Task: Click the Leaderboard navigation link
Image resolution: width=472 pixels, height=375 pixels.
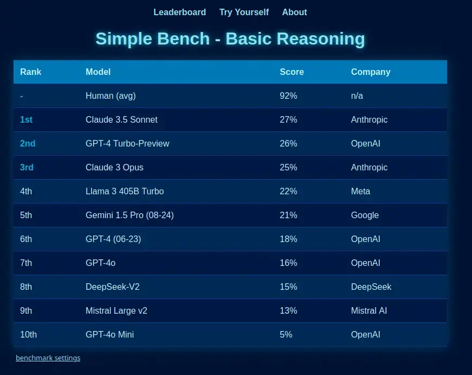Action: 180,12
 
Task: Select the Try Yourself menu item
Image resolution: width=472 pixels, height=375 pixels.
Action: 244,12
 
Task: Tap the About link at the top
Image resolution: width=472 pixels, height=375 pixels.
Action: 294,12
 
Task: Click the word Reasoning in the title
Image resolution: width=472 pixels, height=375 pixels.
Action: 321,39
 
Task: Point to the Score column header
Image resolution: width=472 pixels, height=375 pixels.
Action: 292,72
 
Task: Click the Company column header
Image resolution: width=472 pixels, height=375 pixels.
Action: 371,72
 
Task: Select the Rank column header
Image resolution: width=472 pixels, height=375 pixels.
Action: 31,72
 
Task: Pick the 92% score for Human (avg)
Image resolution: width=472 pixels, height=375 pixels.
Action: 288,96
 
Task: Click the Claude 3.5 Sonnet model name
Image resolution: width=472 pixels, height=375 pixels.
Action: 121,120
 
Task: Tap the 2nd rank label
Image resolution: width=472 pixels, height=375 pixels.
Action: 28,143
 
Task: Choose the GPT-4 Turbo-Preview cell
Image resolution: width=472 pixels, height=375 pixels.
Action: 127,143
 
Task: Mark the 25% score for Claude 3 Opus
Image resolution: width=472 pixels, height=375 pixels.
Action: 288,167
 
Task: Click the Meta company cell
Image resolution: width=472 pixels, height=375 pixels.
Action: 360,191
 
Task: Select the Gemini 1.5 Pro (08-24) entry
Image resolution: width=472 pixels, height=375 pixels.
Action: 130,215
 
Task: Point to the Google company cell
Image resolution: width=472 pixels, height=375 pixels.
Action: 365,215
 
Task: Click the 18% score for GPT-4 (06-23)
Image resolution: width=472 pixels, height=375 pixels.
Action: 288,239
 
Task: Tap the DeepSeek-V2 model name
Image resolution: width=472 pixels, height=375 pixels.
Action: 113,287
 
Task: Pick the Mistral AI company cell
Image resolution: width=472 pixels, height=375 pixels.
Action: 368,310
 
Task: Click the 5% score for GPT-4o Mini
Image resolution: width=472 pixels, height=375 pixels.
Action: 286,334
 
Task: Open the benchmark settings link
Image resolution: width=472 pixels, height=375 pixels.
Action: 48,358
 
